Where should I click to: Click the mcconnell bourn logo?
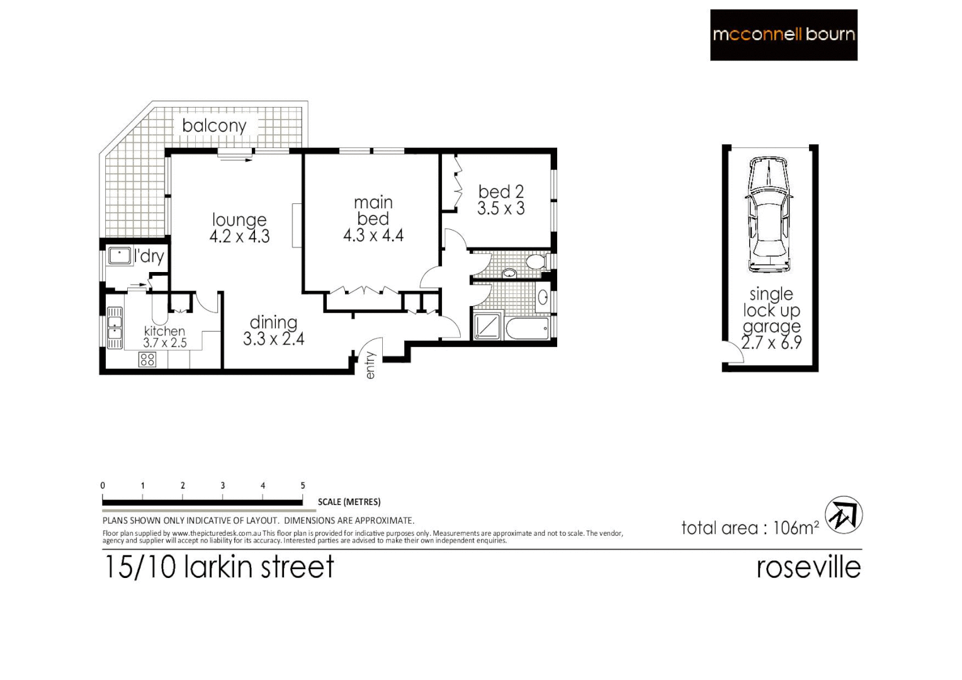[x=783, y=35]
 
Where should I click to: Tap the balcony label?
[x=214, y=125]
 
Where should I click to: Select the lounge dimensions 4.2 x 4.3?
[x=239, y=236]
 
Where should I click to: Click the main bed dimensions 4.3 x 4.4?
[x=373, y=235]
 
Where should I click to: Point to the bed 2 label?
[x=501, y=191]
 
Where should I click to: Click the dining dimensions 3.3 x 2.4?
[x=274, y=339]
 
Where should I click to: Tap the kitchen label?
[x=164, y=331]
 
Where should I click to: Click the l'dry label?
[x=149, y=256]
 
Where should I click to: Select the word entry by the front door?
[x=370, y=365]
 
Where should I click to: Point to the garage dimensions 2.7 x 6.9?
[x=771, y=343]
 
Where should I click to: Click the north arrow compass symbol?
[x=843, y=516]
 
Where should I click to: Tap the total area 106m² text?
[x=750, y=528]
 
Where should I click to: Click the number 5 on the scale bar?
[x=303, y=485]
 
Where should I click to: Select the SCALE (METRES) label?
[x=349, y=502]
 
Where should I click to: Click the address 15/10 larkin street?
[x=218, y=567]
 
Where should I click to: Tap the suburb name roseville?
[x=808, y=567]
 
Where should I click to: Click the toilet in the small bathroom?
[x=536, y=261]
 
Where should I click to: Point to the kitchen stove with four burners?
[x=147, y=360]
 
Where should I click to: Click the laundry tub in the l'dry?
[x=119, y=256]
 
